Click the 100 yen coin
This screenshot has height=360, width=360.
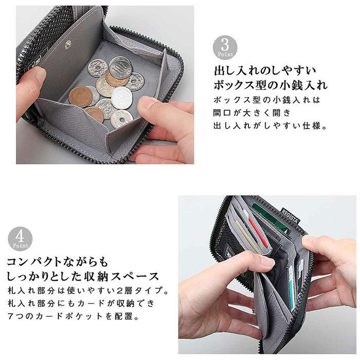click(121, 67)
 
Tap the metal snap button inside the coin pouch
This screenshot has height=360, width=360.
click(67, 45)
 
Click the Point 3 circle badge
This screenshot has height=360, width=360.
click(225, 48)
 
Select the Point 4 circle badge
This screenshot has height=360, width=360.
click(20, 239)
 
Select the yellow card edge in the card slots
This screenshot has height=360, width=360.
click(246, 237)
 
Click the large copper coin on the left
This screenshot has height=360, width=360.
click(80, 96)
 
